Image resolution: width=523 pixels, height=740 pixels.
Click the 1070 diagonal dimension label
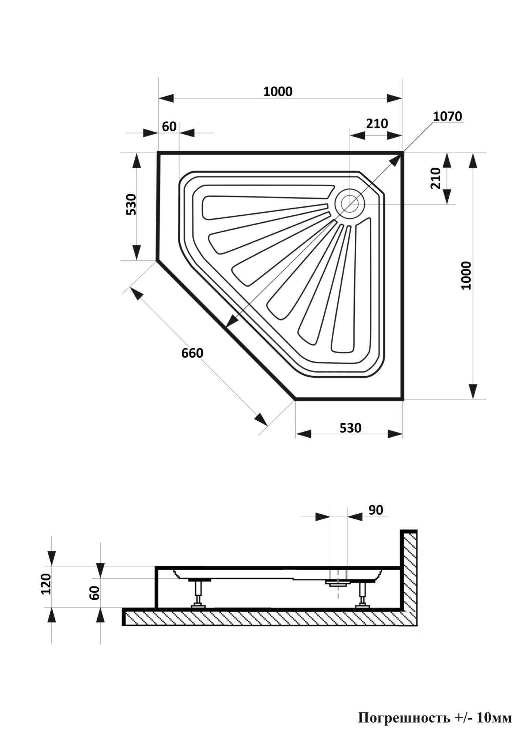click(x=447, y=116)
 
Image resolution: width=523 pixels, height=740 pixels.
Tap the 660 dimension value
click(x=192, y=353)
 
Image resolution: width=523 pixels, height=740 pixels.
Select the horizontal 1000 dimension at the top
click(x=278, y=91)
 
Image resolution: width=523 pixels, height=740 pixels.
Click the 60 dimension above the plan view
click(x=169, y=127)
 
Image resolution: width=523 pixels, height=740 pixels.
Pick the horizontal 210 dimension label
click(x=377, y=123)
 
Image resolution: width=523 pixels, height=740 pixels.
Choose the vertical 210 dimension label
click(x=436, y=178)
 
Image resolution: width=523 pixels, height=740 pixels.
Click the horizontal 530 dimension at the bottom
click(x=350, y=428)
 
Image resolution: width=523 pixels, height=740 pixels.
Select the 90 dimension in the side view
click(x=376, y=510)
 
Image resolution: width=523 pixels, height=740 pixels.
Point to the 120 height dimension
click(x=46, y=584)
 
